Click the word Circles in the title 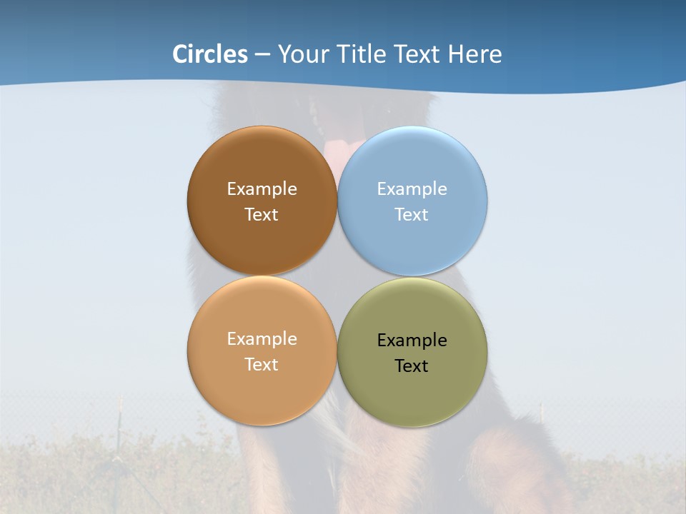pyautogui.click(x=210, y=54)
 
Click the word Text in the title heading pyautogui.click(x=417, y=54)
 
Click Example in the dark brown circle pyautogui.click(x=262, y=189)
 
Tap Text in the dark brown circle pyautogui.click(x=262, y=215)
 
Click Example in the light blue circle pyautogui.click(x=412, y=189)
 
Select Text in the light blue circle pyautogui.click(x=412, y=215)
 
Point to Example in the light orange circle pyautogui.click(x=262, y=339)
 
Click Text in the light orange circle pyautogui.click(x=262, y=365)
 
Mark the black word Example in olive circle pyautogui.click(x=412, y=341)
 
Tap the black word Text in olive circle pyautogui.click(x=412, y=366)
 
